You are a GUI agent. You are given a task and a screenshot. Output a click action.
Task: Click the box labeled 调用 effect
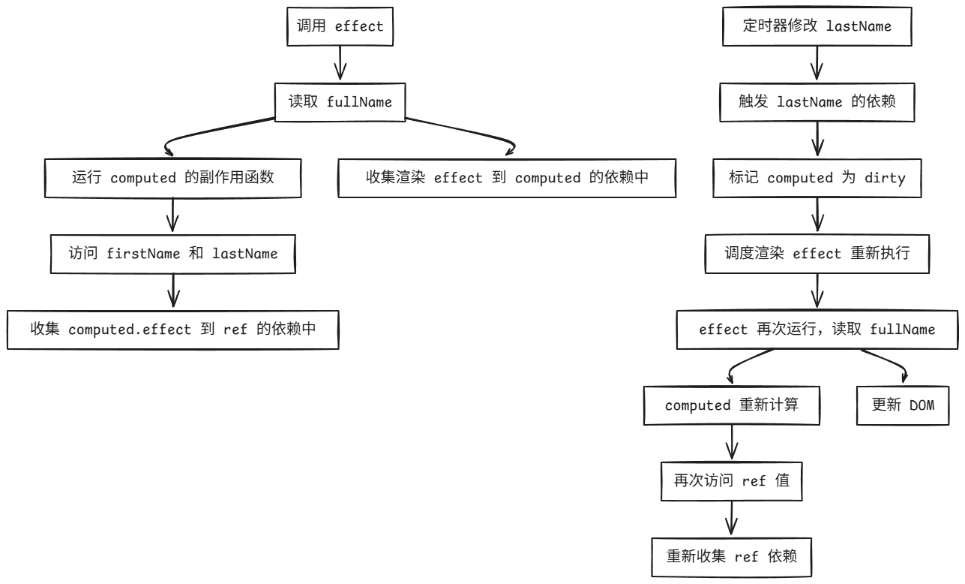coord(340,26)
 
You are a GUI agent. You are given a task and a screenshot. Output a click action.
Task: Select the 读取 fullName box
coord(340,102)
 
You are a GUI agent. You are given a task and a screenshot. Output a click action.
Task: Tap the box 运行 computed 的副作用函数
coord(173,178)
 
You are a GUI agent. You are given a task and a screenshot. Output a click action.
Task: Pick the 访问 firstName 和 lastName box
coord(173,253)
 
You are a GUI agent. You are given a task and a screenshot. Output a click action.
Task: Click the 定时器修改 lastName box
coord(817,26)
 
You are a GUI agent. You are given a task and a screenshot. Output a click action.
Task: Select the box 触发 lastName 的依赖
coord(817,102)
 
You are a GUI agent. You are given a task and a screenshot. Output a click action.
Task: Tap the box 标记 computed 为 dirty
coord(817,178)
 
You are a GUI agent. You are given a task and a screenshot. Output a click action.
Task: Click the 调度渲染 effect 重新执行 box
coord(817,253)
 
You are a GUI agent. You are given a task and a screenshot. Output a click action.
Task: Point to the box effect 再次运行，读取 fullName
coord(817,329)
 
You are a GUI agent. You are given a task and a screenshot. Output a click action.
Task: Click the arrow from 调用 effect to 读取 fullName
coord(340,64)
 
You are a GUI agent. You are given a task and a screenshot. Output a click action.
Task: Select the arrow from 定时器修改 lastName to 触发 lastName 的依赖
coord(817,64)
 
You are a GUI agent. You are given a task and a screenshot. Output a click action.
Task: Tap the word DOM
coord(921,405)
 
